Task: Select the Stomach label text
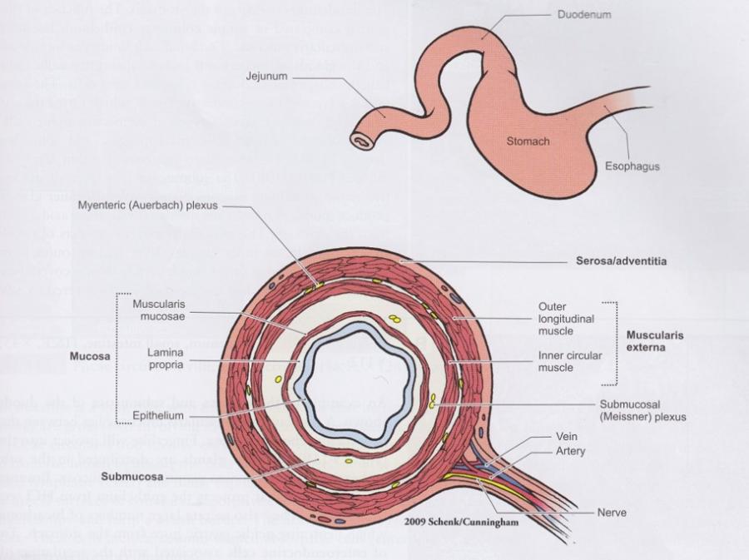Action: [528, 141]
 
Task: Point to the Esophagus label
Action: [632, 167]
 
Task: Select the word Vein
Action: [568, 436]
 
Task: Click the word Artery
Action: [570, 451]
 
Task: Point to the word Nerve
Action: [612, 513]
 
